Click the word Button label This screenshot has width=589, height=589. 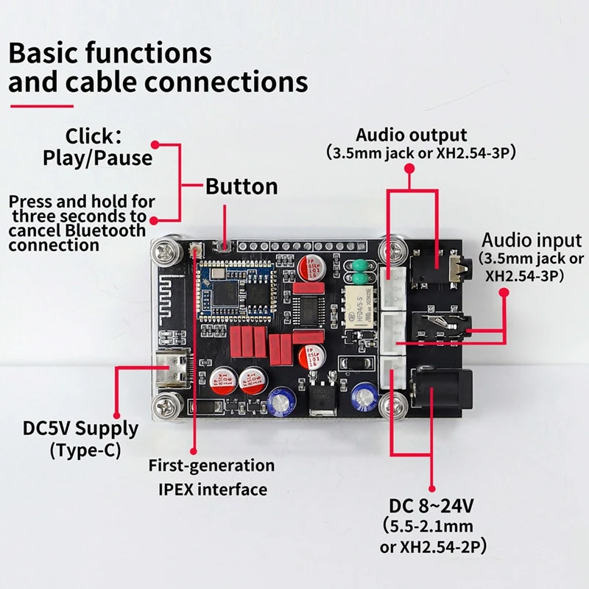pos(241,186)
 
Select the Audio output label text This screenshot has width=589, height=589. pos(412,135)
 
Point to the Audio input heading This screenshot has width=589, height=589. pos(532,241)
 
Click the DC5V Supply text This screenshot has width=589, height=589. pos(81,428)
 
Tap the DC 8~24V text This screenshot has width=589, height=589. pos(431,506)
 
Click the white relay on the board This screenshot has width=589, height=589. pos(360,306)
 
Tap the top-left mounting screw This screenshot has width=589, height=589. pos(166,251)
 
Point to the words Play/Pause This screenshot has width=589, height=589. pos(97,158)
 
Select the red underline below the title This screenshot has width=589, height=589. pos(42,106)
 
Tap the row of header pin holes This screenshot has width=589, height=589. pos(302,247)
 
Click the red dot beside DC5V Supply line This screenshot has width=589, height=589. pos(116,415)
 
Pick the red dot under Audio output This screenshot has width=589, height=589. pos(410,169)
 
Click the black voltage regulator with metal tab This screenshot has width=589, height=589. pos(322,401)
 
